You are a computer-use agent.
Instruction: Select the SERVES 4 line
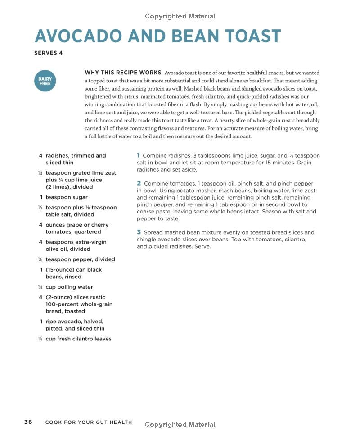click(x=49, y=53)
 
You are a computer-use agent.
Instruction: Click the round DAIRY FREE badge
click(x=45, y=81)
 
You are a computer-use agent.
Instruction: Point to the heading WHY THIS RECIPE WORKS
click(x=123, y=73)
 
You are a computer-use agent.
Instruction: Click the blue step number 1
click(x=139, y=155)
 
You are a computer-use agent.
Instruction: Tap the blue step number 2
click(x=139, y=183)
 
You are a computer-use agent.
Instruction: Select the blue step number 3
click(x=139, y=232)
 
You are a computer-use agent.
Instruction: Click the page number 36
click(x=28, y=422)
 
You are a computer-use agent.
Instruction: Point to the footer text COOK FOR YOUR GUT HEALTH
click(x=89, y=422)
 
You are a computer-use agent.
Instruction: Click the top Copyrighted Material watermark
click(x=180, y=16)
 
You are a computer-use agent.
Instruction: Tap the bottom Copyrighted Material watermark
click(x=180, y=425)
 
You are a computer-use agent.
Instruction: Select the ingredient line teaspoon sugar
click(x=66, y=197)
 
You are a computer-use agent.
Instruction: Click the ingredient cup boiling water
click(x=69, y=287)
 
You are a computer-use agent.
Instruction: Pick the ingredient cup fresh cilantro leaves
click(x=78, y=339)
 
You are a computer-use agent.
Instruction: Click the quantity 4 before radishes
click(x=40, y=156)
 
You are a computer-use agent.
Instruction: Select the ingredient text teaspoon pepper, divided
click(x=80, y=259)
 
